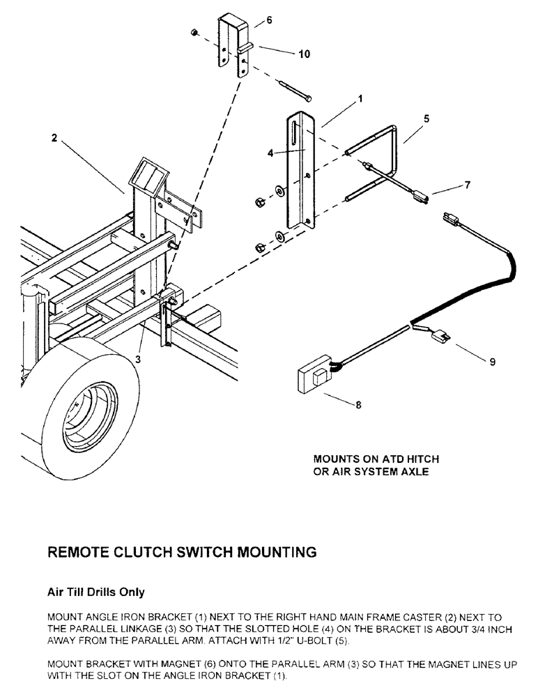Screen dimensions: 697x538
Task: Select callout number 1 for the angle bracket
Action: pos(360,100)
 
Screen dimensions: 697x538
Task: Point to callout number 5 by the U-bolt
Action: pos(426,118)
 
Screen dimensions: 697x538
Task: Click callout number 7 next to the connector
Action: pos(468,185)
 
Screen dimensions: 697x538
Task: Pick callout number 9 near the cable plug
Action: pos(493,362)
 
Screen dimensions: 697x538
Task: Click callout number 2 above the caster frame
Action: pos(54,138)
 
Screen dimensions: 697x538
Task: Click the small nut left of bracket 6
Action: pos(196,32)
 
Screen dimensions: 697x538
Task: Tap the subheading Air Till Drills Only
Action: pos(95,592)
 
